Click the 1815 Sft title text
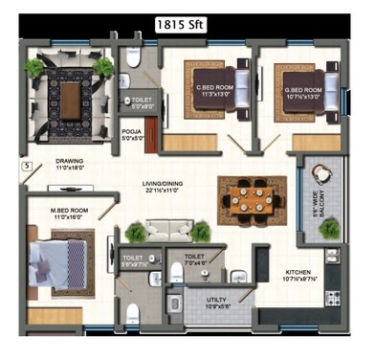point(187,26)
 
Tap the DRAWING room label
point(70,164)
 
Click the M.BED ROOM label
point(69,213)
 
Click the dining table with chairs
point(250,198)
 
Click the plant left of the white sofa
point(135,232)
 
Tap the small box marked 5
point(27,166)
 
